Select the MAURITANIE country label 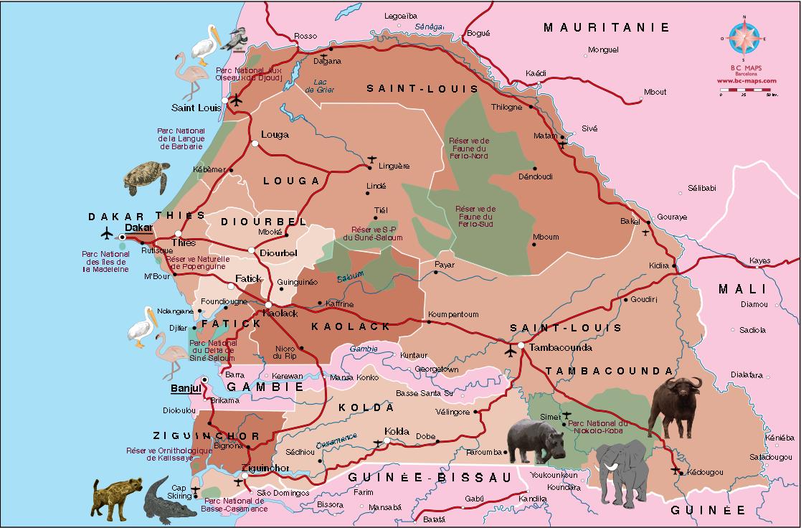606,28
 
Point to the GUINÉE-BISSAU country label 430,477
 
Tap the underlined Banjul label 182,389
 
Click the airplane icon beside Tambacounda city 511,351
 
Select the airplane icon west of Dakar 107,234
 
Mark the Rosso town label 305,36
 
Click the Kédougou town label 703,471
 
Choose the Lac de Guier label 320,85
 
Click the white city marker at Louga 255,143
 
